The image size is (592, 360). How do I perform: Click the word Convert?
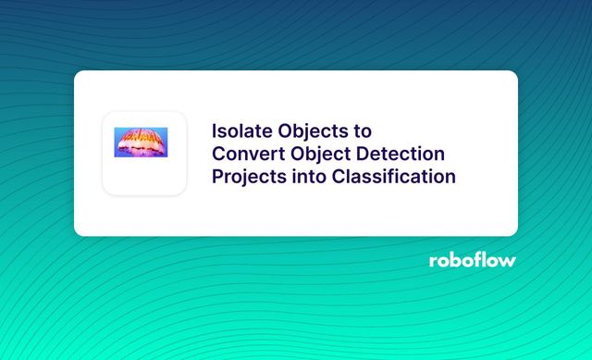247,153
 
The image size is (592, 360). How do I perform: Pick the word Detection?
401,153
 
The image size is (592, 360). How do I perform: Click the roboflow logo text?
472,260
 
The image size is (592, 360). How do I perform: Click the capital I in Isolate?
216,130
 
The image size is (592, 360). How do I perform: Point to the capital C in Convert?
219,153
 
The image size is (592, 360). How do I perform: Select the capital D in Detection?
364,153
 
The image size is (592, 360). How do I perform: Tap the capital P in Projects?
218,176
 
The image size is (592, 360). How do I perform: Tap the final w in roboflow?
508,261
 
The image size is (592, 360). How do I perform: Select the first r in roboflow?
433,261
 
